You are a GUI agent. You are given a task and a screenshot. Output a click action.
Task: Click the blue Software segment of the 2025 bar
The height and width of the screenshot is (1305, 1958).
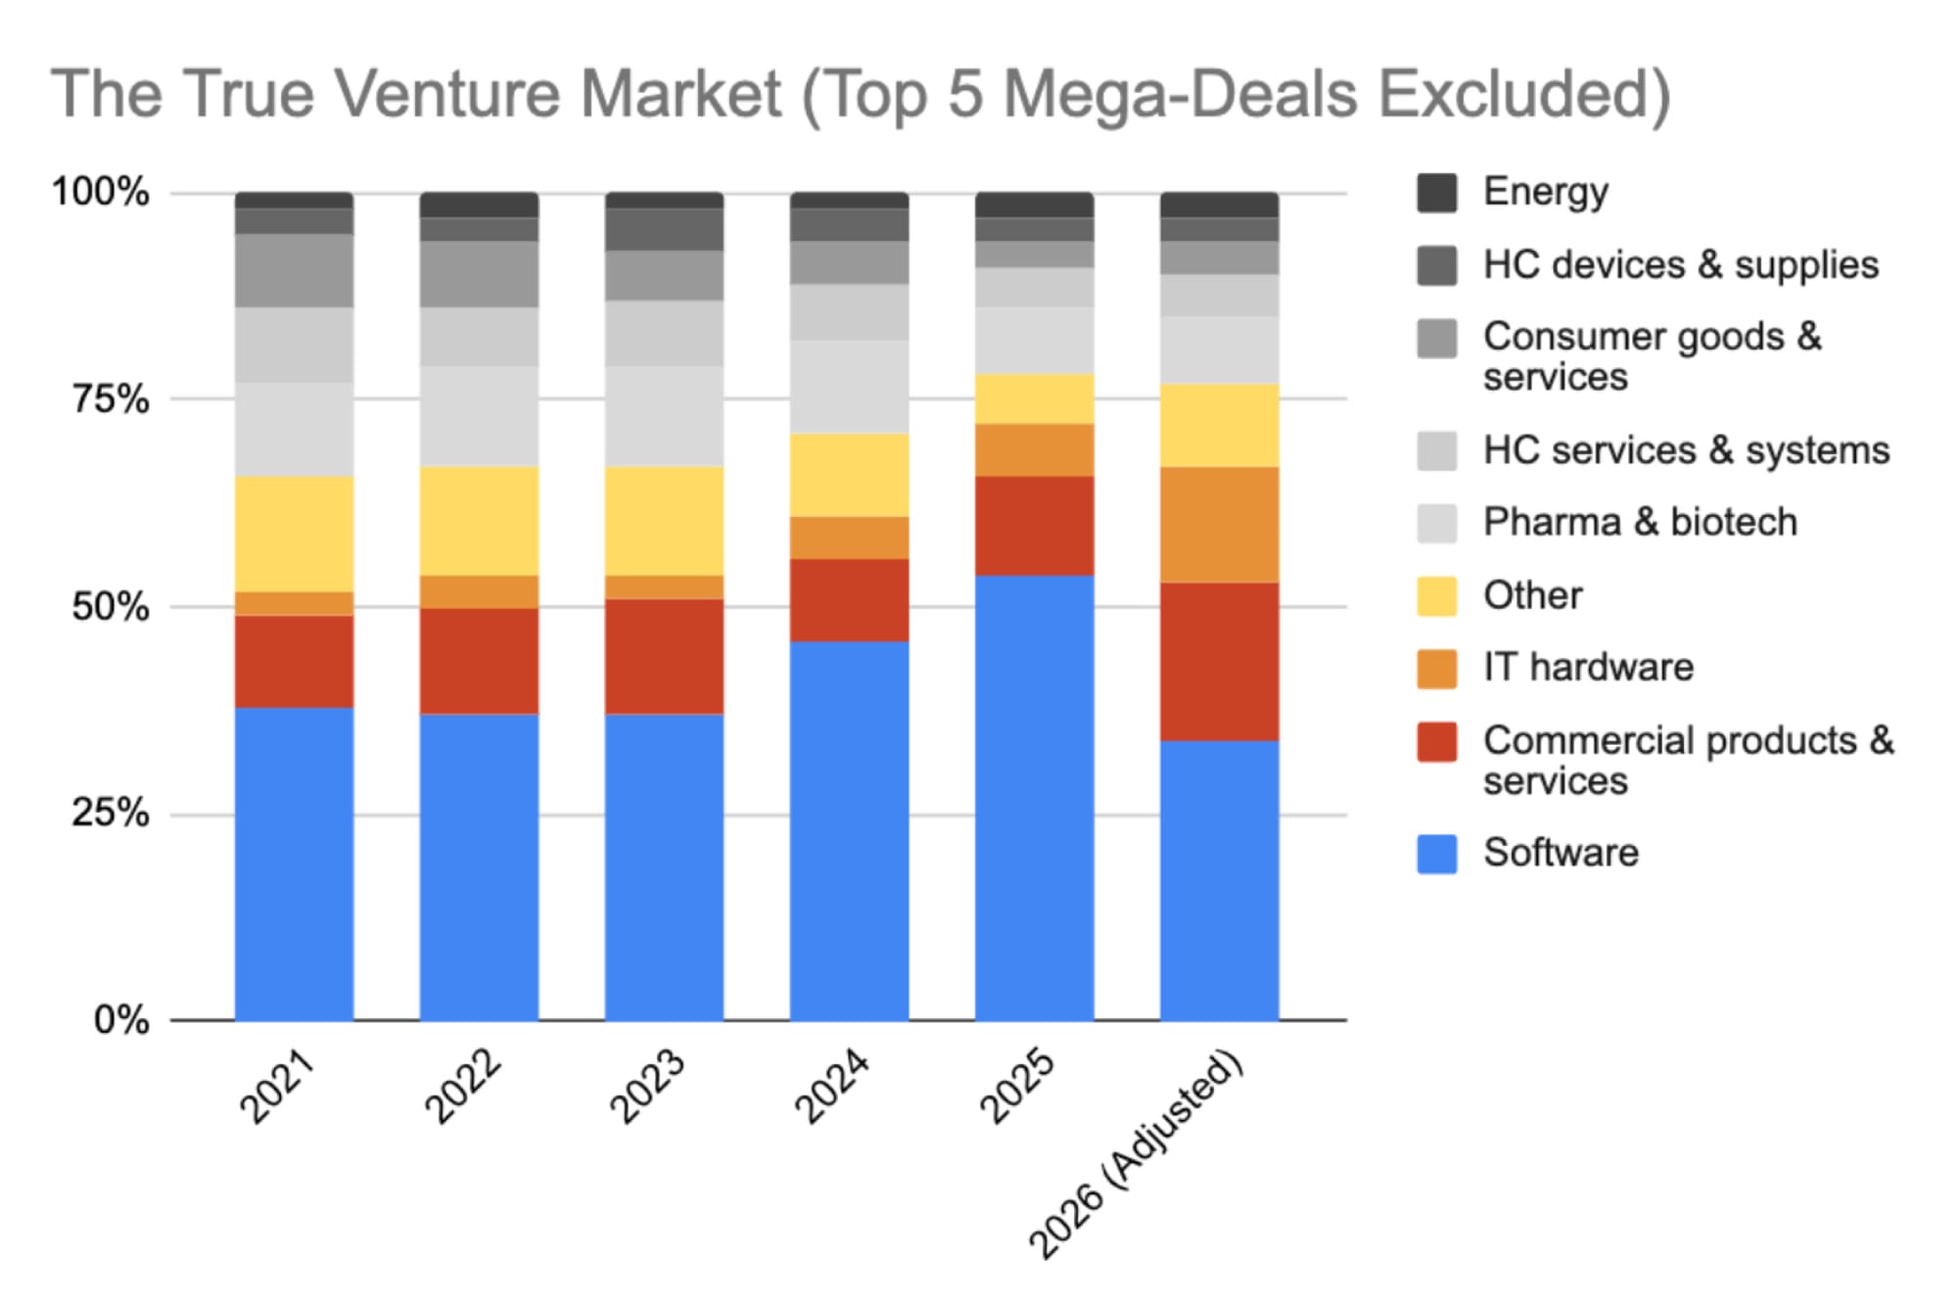click(x=1034, y=798)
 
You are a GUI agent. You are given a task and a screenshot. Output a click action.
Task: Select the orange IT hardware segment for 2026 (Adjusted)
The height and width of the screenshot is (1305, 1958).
click(x=1219, y=525)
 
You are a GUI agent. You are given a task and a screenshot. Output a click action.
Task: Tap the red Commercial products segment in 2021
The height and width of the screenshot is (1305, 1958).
click(x=294, y=661)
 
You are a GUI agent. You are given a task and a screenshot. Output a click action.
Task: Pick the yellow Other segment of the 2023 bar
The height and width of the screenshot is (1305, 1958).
click(x=664, y=521)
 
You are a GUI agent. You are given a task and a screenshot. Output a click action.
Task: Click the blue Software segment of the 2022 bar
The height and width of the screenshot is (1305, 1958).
click(x=479, y=867)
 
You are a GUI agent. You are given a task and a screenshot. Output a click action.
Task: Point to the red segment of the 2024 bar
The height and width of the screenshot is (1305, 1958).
click(x=849, y=600)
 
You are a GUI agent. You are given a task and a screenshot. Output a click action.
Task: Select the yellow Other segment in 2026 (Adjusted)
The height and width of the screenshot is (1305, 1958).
click(x=1219, y=425)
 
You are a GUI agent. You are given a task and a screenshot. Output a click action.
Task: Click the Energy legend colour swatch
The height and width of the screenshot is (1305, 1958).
click(x=1436, y=192)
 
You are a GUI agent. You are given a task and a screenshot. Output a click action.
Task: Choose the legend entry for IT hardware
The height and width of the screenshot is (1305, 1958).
click(x=1587, y=668)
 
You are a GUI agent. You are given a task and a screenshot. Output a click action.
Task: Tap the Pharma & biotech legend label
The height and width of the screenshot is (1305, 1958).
click(x=1640, y=523)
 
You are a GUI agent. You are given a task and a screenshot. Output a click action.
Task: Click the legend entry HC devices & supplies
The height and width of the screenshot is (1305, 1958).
click(x=1680, y=265)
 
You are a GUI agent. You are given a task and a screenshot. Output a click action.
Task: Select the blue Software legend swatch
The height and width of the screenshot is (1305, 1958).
click(x=1436, y=854)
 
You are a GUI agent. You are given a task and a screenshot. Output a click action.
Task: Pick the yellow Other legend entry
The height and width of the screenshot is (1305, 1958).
click(x=1532, y=595)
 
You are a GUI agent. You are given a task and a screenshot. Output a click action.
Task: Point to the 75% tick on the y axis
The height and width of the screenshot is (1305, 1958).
click(x=111, y=399)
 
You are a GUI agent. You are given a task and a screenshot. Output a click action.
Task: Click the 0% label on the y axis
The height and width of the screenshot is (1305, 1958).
click(x=121, y=1021)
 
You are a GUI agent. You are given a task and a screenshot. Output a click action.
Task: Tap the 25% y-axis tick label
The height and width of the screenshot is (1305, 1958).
click(x=111, y=814)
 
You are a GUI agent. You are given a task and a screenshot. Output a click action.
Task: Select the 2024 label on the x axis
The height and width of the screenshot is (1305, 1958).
click(x=831, y=1086)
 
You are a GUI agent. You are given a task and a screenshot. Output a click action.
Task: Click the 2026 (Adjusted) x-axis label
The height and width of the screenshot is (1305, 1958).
click(x=1136, y=1155)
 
